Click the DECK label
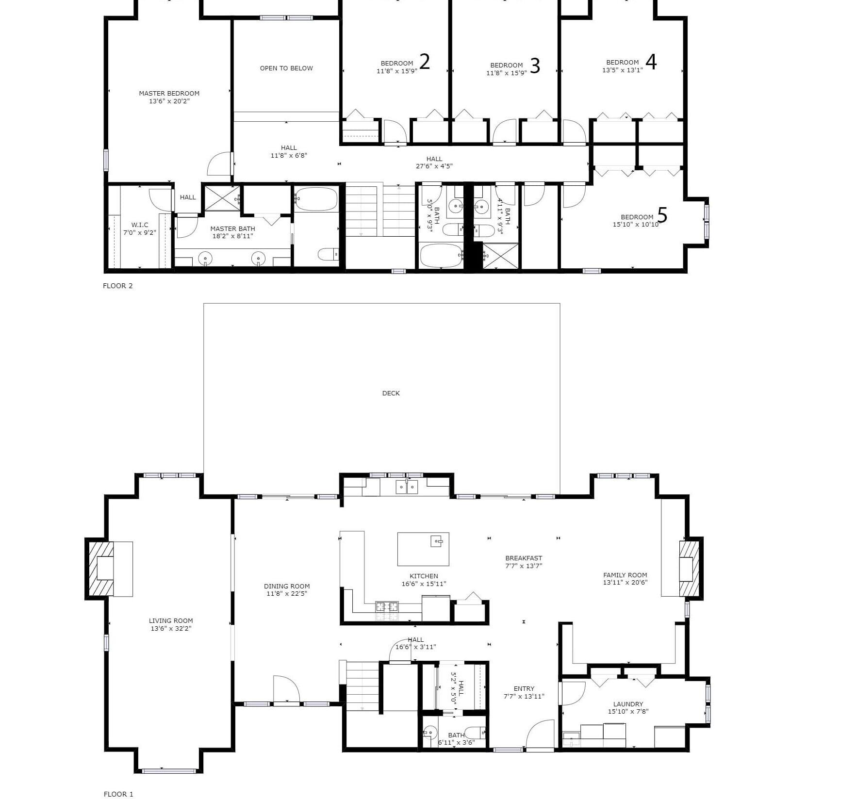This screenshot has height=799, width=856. pos(391,393)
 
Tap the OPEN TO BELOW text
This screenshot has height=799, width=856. pos(286,68)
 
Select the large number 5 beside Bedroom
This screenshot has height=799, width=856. pos(662,215)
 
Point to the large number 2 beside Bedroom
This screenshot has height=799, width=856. pos(424,62)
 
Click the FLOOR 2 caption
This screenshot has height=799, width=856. pos(118,286)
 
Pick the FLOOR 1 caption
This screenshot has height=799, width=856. pos(118,794)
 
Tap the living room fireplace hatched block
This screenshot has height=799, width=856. pos(100,569)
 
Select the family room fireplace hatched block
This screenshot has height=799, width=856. pos(689,569)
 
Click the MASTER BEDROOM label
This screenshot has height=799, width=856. pos(169,93)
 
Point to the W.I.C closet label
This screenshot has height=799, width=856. pos(140,225)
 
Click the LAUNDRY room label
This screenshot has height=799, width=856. pos(628,703)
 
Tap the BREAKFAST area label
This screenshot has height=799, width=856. pos(524,558)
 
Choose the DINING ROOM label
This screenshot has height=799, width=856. pos(287,586)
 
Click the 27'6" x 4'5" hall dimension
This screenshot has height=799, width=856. pos(434,166)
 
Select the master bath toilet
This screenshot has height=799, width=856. pos(329,254)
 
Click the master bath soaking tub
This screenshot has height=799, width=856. pos(316,199)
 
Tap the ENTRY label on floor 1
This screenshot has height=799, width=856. pos(524,688)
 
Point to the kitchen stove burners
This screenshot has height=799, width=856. pos(387,606)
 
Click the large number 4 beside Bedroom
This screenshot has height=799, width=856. pos(651,62)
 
